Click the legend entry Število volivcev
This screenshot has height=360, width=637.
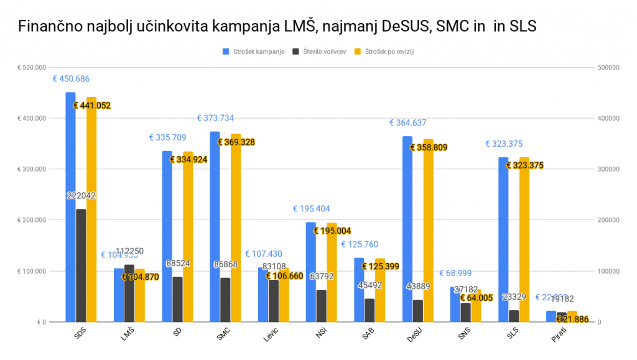click(x=323, y=52)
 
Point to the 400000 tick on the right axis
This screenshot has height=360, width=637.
click(x=608, y=118)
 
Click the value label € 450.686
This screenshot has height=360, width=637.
click(x=71, y=79)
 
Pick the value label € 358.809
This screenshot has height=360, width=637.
click(x=429, y=147)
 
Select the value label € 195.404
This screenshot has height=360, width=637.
click(x=312, y=209)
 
